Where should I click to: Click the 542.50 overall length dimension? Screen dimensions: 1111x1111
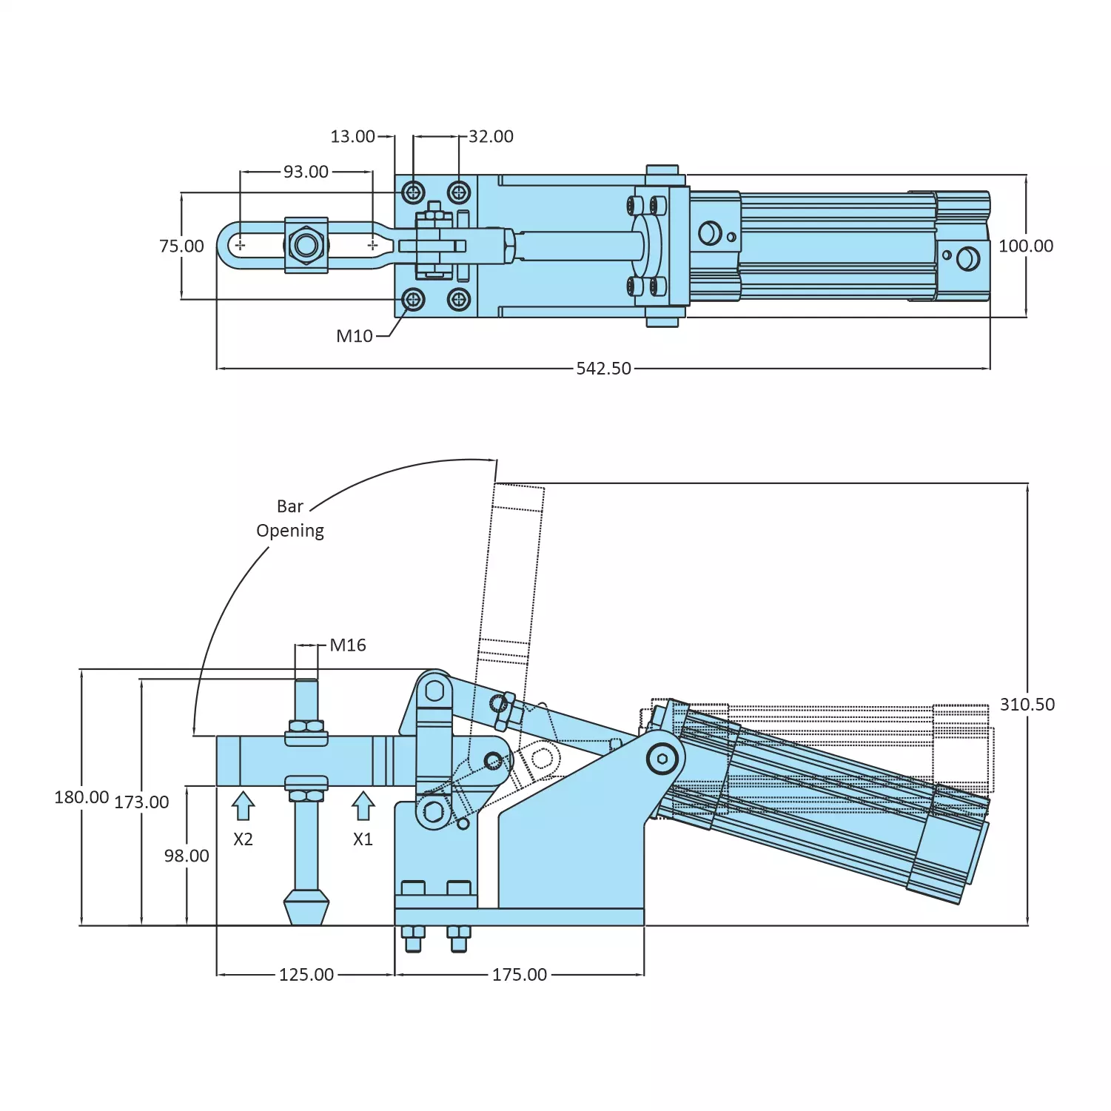point(603,369)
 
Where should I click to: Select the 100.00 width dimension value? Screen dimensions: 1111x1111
point(1025,246)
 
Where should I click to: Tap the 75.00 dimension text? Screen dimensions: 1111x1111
point(181,246)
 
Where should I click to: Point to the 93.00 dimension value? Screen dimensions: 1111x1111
point(306,172)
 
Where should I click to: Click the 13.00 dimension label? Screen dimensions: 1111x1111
point(352,136)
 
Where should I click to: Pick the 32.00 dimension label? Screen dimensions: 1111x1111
point(491,136)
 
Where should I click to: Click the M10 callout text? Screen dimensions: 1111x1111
point(355,336)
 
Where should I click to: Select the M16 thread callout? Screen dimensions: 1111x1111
point(348,645)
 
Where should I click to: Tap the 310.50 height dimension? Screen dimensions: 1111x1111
point(1027,705)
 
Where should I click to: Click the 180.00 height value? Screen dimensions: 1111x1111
point(81,797)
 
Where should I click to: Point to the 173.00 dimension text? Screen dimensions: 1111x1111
point(141,802)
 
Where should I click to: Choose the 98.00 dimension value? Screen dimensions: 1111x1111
point(187,856)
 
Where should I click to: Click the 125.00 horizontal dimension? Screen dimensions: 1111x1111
point(306,975)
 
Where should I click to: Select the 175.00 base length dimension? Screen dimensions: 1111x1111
point(520,975)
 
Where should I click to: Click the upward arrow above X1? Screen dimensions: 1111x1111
point(363,806)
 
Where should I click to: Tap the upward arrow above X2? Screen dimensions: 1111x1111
point(243,806)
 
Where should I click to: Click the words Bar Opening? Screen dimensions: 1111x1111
point(290,519)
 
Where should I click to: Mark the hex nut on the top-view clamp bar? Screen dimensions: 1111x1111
point(306,244)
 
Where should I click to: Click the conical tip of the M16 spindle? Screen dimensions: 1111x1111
point(306,907)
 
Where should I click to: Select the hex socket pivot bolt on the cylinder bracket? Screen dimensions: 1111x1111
point(662,759)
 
